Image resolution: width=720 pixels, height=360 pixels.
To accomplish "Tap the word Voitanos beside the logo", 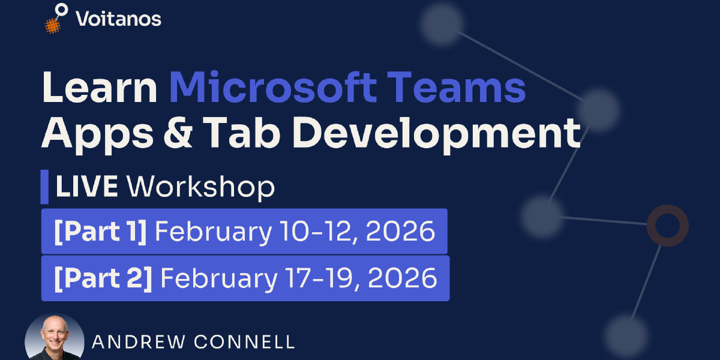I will (x=118, y=19).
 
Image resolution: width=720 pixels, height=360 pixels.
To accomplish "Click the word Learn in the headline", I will (x=100, y=87).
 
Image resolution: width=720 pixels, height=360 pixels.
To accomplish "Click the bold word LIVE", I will (x=86, y=187).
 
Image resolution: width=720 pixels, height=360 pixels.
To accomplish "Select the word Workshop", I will (x=200, y=187).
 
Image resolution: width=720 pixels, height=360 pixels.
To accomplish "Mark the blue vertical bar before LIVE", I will (x=44, y=187).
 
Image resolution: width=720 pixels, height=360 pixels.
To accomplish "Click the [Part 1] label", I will (x=100, y=232).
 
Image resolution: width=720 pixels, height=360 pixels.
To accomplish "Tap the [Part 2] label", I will (x=102, y=278).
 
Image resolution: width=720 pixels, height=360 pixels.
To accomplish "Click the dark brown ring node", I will (x=667, y=226).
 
